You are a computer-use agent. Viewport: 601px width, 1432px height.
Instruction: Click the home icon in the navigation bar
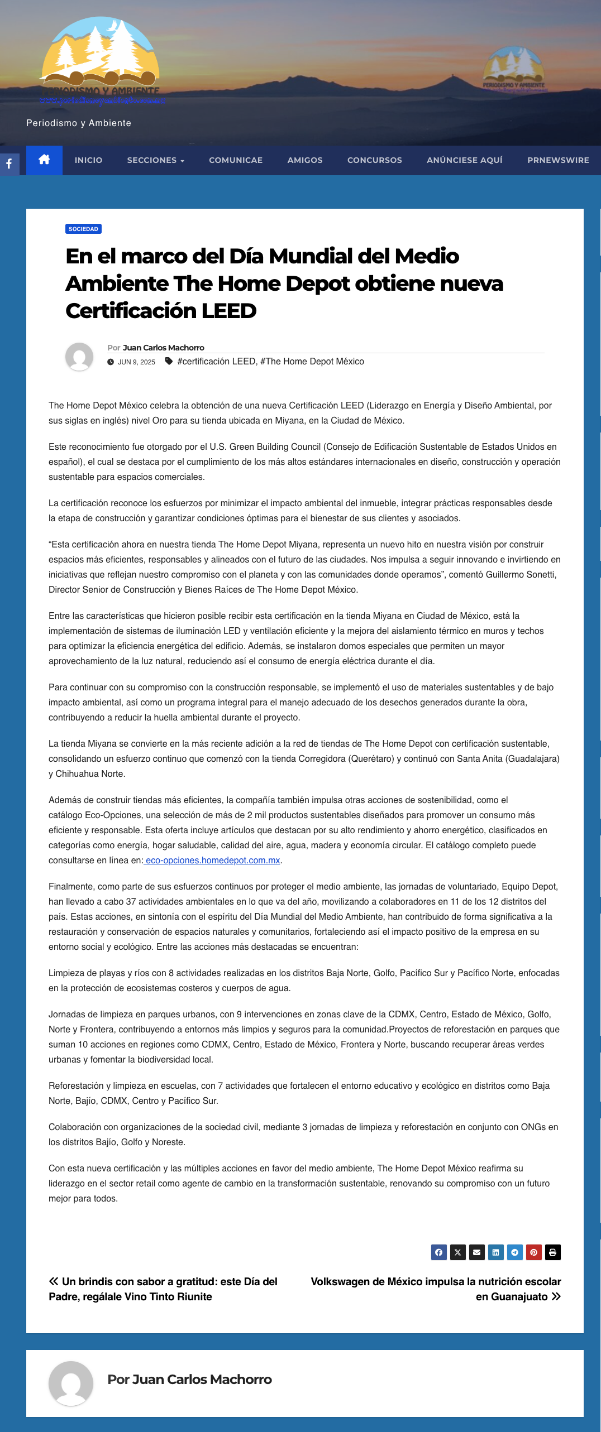(x=44, y=160)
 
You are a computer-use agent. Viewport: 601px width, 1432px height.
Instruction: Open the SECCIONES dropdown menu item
(x=155, y=160)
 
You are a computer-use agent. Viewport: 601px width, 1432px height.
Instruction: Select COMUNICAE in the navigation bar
(x=236, y=160)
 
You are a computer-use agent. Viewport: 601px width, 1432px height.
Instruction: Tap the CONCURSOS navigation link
(x=374, y=160)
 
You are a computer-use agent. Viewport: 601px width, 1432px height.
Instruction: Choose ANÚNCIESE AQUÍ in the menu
(x=464, y=160)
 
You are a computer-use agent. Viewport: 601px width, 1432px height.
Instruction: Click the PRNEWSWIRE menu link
(x=557, y=160)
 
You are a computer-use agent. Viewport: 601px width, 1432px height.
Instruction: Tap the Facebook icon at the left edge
(x=9, y=164)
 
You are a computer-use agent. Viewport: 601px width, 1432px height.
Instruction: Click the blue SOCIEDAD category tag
(x=83, y=229)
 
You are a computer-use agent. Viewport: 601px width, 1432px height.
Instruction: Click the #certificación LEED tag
(x=216, y=362)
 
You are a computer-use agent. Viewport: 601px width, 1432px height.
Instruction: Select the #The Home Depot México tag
(x=312, y=362)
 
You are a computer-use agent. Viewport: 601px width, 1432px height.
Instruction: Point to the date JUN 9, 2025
(x=136, y=362)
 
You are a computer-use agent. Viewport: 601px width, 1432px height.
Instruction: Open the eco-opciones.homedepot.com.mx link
(x=213, y=861)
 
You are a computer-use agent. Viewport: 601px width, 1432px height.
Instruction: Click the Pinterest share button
(x=533, y=1252)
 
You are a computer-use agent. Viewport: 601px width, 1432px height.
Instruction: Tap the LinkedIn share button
(x=495, y=1252)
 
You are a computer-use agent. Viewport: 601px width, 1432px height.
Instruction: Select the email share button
(x=476, y=1252)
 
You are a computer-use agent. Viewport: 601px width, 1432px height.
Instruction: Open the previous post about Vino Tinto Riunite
(x=163, y=1289)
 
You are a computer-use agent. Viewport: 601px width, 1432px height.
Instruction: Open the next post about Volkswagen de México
(x=436, y=1289)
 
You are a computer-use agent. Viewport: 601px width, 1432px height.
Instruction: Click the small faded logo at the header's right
(x=513, y=69)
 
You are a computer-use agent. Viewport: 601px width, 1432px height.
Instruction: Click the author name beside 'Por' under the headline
(x=163, y=348)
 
